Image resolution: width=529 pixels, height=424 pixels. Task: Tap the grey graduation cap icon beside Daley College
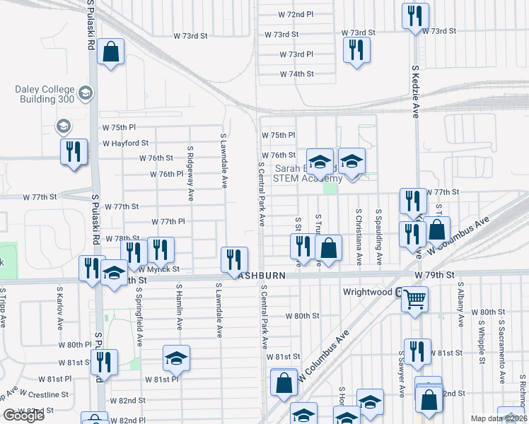[86, 93]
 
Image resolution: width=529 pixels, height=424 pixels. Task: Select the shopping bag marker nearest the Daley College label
[110, 52]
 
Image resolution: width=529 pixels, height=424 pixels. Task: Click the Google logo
[23, 416]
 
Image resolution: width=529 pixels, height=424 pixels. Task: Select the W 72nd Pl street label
[295, 14]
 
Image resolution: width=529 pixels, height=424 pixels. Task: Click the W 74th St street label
[296, 73]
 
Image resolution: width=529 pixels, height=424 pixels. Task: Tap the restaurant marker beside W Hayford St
[74, 152]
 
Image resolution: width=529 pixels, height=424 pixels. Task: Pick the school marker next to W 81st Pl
[176, 358]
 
